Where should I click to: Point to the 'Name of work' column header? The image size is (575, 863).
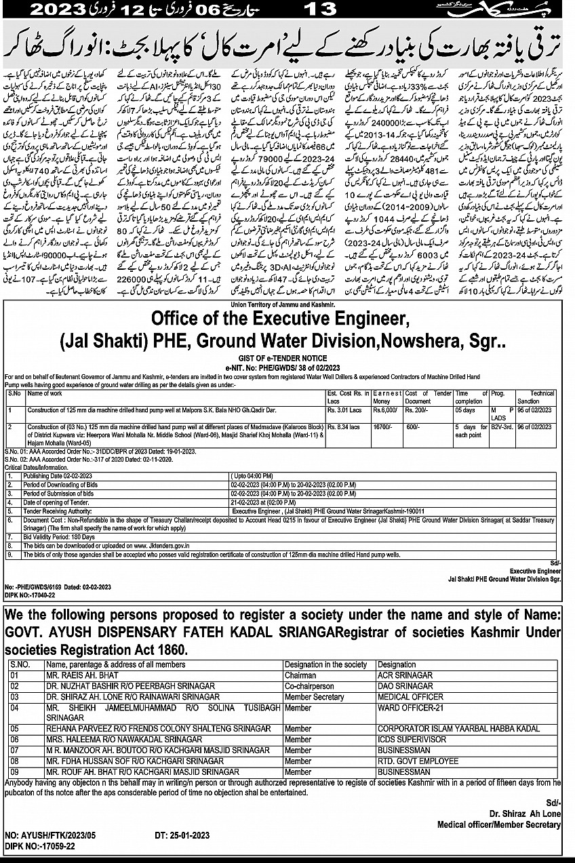[x=46, y=393]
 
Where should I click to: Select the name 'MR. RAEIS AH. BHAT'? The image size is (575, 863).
[x=81, y=675]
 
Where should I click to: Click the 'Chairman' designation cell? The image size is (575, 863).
[x=300, y=675]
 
